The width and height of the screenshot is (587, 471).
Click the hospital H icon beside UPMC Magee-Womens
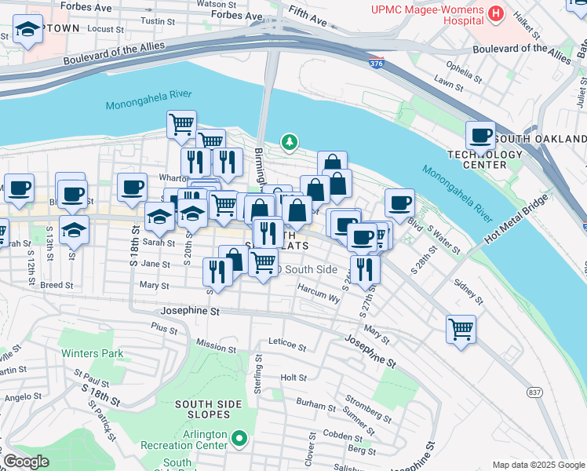coord(495,13)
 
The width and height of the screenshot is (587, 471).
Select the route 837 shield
coord(535,392)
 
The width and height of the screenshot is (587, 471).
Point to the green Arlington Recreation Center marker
coord(240,439)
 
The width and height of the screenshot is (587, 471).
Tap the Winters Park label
coord(93,353)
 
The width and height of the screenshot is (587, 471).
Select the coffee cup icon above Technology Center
coord(479,135)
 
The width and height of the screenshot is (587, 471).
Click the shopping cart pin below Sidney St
coord(461,327)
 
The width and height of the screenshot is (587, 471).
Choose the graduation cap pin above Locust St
coord(28,30)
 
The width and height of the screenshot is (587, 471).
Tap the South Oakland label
coord(541,139)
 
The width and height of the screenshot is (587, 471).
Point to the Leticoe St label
coord(286,342)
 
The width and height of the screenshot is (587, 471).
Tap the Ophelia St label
coord(459,65)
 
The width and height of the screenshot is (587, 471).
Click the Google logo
coord(26,462)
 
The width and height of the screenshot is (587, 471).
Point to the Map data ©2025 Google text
coord(538,465)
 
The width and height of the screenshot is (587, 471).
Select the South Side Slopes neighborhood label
coord(208,410)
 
